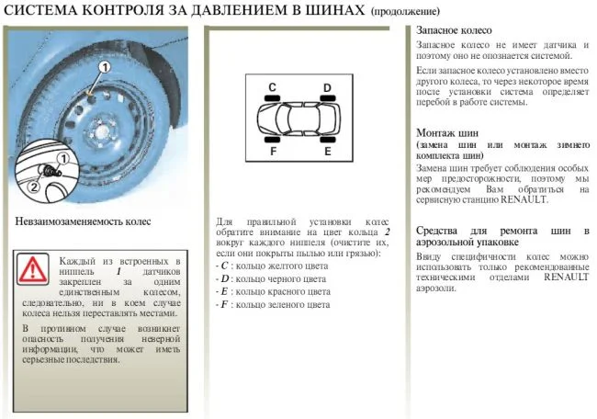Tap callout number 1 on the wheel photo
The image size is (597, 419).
tap(104, 67)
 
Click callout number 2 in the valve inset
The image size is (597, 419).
tap(34, 187)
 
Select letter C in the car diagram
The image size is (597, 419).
tap(272, 87)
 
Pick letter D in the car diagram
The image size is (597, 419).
tap(327, 87)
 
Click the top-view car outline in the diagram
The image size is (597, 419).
tap(299, 119)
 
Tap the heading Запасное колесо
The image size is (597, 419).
tap(454, 31)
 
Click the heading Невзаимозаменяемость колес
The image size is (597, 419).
tap(84, 221)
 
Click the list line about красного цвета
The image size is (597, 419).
tap(272, 290)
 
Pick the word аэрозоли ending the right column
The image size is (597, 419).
tap(437, 288)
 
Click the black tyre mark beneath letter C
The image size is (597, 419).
tap(273, 99)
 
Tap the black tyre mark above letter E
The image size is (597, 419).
tap(326, 141)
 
